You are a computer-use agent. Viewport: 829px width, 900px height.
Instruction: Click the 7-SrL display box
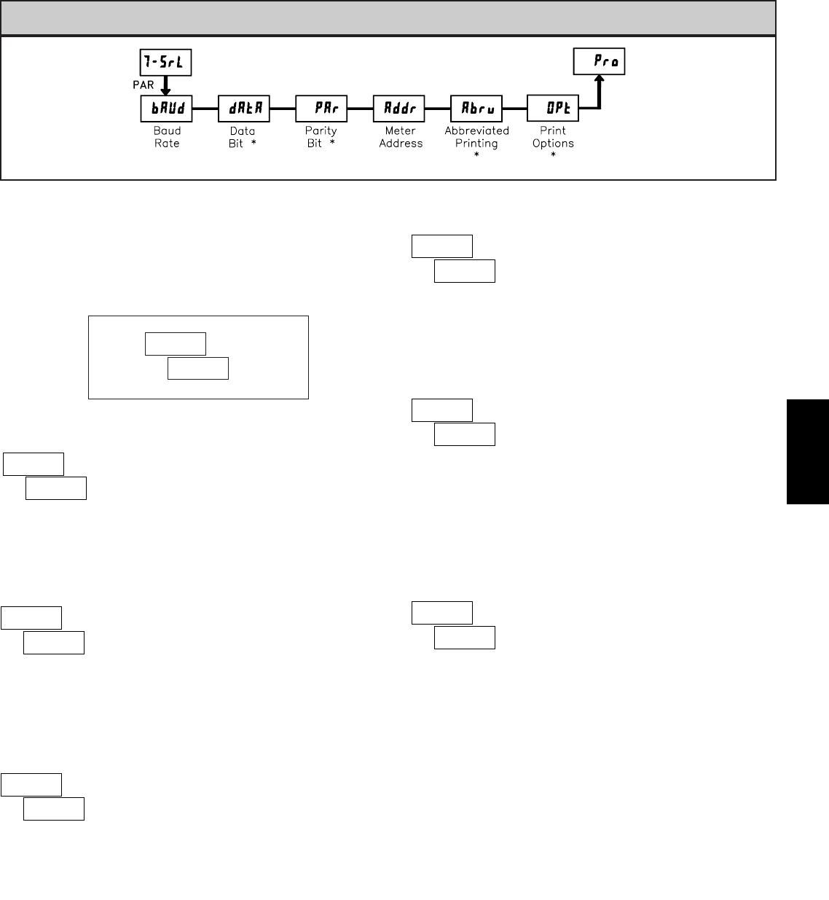[x=165, y=63]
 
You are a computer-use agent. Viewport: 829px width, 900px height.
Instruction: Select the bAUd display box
[x=166, y=110]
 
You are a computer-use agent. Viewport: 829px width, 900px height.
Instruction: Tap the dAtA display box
[x=244, y=110]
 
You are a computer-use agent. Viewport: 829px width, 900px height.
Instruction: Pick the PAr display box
[x=321, y=110]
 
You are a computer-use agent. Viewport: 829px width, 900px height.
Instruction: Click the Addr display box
[x=399, y=110]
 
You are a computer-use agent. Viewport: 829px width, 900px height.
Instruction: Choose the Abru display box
[x=476, y=110]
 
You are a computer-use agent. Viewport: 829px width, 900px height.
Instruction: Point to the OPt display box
[x=553, y=110]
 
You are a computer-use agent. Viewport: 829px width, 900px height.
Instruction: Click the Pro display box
[x=599, y=62]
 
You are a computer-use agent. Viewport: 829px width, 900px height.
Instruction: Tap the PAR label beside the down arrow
[x=144, y=85]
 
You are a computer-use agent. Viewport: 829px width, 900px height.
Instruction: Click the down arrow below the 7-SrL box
[x=165, y=86]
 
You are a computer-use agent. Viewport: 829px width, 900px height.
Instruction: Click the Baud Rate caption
[x=167, y=137]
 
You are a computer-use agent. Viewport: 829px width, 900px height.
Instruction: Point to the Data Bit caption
[x=243, y=137]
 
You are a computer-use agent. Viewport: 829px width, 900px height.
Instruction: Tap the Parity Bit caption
[x=321, y=137]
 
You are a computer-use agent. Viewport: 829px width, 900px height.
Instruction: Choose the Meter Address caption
[x=400, y=137]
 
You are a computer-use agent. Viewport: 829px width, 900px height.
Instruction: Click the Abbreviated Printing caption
[x=476, y=138]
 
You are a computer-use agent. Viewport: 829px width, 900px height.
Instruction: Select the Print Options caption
[x=553, y=138]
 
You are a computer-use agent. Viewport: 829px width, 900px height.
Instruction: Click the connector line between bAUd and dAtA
[x=205, y=110]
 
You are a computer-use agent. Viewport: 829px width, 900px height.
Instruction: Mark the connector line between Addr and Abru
[x=438, y=110]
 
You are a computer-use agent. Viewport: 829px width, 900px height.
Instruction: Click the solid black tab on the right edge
[x=808, y=451]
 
